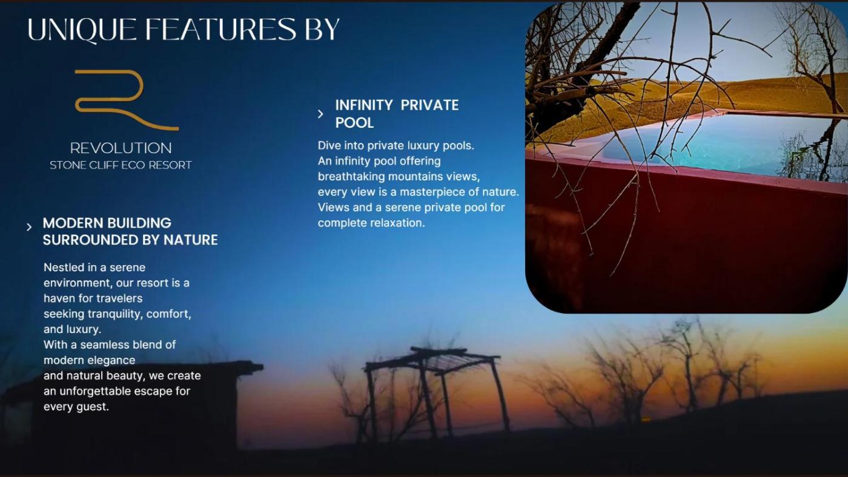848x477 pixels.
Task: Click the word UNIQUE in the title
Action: pyautogui.click(x=81, y=30)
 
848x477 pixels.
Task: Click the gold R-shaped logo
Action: pyautogui.click(x=127, y=100)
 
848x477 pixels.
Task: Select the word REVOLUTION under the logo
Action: pyautogui.click(x=121, y=148)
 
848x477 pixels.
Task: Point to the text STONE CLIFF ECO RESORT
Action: pyautogui.click(x=121, y=165)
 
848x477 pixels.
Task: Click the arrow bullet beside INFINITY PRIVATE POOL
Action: pyautogui.click(x=320, y=114)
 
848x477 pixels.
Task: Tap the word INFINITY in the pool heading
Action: pyautogui.click(x=364, y=105)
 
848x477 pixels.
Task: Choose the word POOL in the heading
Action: pyautogui.click(x=354, y=122)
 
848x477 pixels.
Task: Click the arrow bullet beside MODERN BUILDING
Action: pyautogui.click(x=29, y=228)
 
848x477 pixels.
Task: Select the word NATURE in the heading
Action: pyautogui.click(x=190, y=240)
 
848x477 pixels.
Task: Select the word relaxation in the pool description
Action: pyautogui.click(x=397, y=223)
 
